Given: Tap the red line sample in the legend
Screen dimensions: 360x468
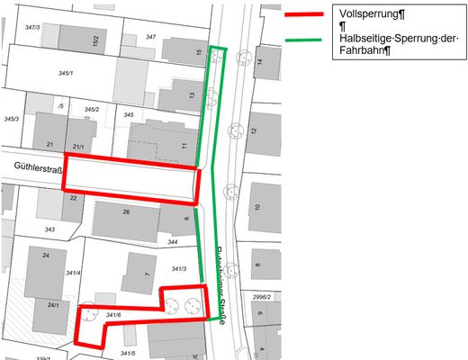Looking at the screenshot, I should click(304, 14).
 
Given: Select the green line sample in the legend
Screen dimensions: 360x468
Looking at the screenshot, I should click(304, 40).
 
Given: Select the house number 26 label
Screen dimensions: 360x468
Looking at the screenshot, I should click(126, 212).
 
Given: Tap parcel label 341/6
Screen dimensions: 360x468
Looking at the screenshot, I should click(112, 314).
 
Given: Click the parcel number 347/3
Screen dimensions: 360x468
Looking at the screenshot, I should click(32, 28).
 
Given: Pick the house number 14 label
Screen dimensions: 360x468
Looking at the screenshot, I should click(259, 62).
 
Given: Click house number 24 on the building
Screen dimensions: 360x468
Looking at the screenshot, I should click(46, 254).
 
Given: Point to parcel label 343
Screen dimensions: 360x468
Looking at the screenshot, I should click(49, 230).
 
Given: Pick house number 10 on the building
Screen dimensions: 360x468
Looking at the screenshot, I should click(257, 208).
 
